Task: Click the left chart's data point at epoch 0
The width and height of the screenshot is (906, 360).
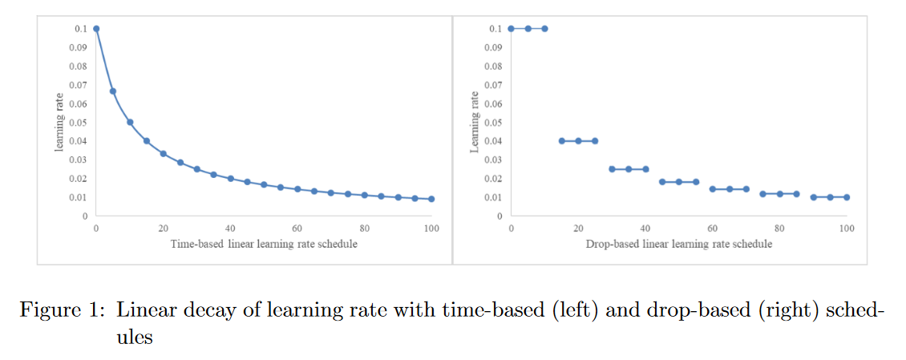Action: pyautogui.click(x=96, y=29)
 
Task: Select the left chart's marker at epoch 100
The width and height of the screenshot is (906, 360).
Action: pyautogui.click(x=431, y=199)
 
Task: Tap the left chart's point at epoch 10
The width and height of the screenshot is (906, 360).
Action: pyautogui.click(x=130, y=122)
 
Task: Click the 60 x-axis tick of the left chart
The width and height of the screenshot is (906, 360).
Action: pyautogui.click(x=297, y=229)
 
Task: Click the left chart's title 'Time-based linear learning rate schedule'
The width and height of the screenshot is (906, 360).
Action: pyautogui.click(x=264, y=244)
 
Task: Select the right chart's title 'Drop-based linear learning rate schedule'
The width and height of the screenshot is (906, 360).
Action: pyautogui.click(x=678, y=244)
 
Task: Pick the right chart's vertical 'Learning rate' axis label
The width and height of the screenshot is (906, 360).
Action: pyautogui.click(x=474, y=123)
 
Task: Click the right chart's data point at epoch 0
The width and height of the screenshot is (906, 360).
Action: pyautogui.click(x=511, y=29)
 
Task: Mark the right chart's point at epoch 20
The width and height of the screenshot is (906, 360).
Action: pyautogui.click(x=578, y=141)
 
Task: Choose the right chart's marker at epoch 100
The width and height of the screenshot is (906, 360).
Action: pyautogui.click(x=847, y=197)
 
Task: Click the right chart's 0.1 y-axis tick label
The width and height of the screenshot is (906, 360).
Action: pyautogui.click(x=495, y=29)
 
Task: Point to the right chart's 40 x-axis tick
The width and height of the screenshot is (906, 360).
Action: pyautogui.click(x=645, y=229)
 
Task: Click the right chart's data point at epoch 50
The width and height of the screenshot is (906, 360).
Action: pyautogui.click(x=679, y=182)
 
